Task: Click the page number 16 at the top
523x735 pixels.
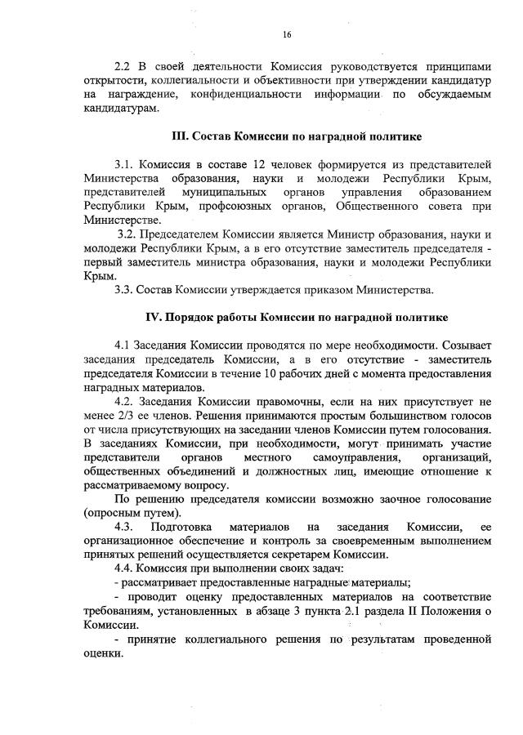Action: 287,34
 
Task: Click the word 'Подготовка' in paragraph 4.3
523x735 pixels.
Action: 192,527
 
